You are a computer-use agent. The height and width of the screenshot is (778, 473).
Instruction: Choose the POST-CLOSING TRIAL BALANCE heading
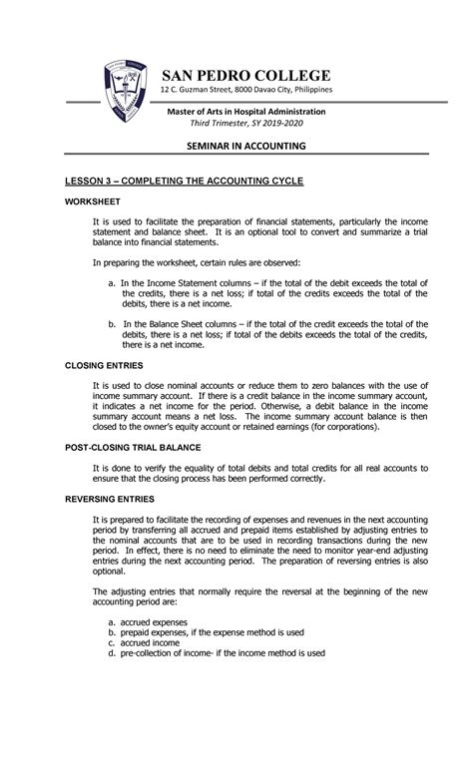coord(118,448)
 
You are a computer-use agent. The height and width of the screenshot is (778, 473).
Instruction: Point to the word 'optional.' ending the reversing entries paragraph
coord(110,572)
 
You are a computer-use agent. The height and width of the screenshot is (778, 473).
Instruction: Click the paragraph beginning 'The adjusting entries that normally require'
coord(259,595)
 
